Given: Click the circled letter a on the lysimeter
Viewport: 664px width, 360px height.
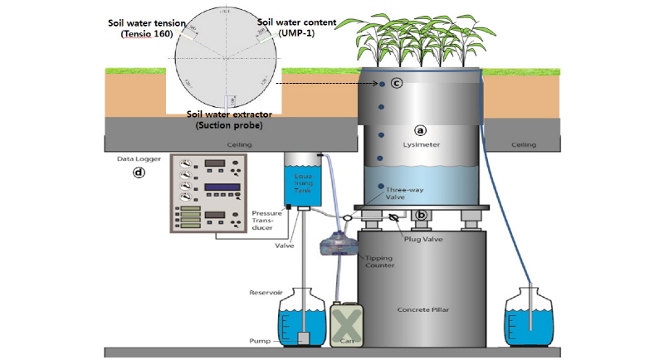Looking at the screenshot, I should [x=420, y=130].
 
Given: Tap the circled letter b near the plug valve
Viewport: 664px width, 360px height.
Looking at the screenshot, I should [x=422, y=215].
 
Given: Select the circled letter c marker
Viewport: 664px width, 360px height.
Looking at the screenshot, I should [x=397, y=83].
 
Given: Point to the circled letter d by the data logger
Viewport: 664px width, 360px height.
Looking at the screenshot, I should [x=139, y=173].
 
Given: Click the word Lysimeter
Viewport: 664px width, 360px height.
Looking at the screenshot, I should [x=422, y=144].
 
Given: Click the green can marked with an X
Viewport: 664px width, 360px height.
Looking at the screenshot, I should [x=348, y=324].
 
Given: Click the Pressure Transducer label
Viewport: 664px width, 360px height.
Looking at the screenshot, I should [x=264, y=221].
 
